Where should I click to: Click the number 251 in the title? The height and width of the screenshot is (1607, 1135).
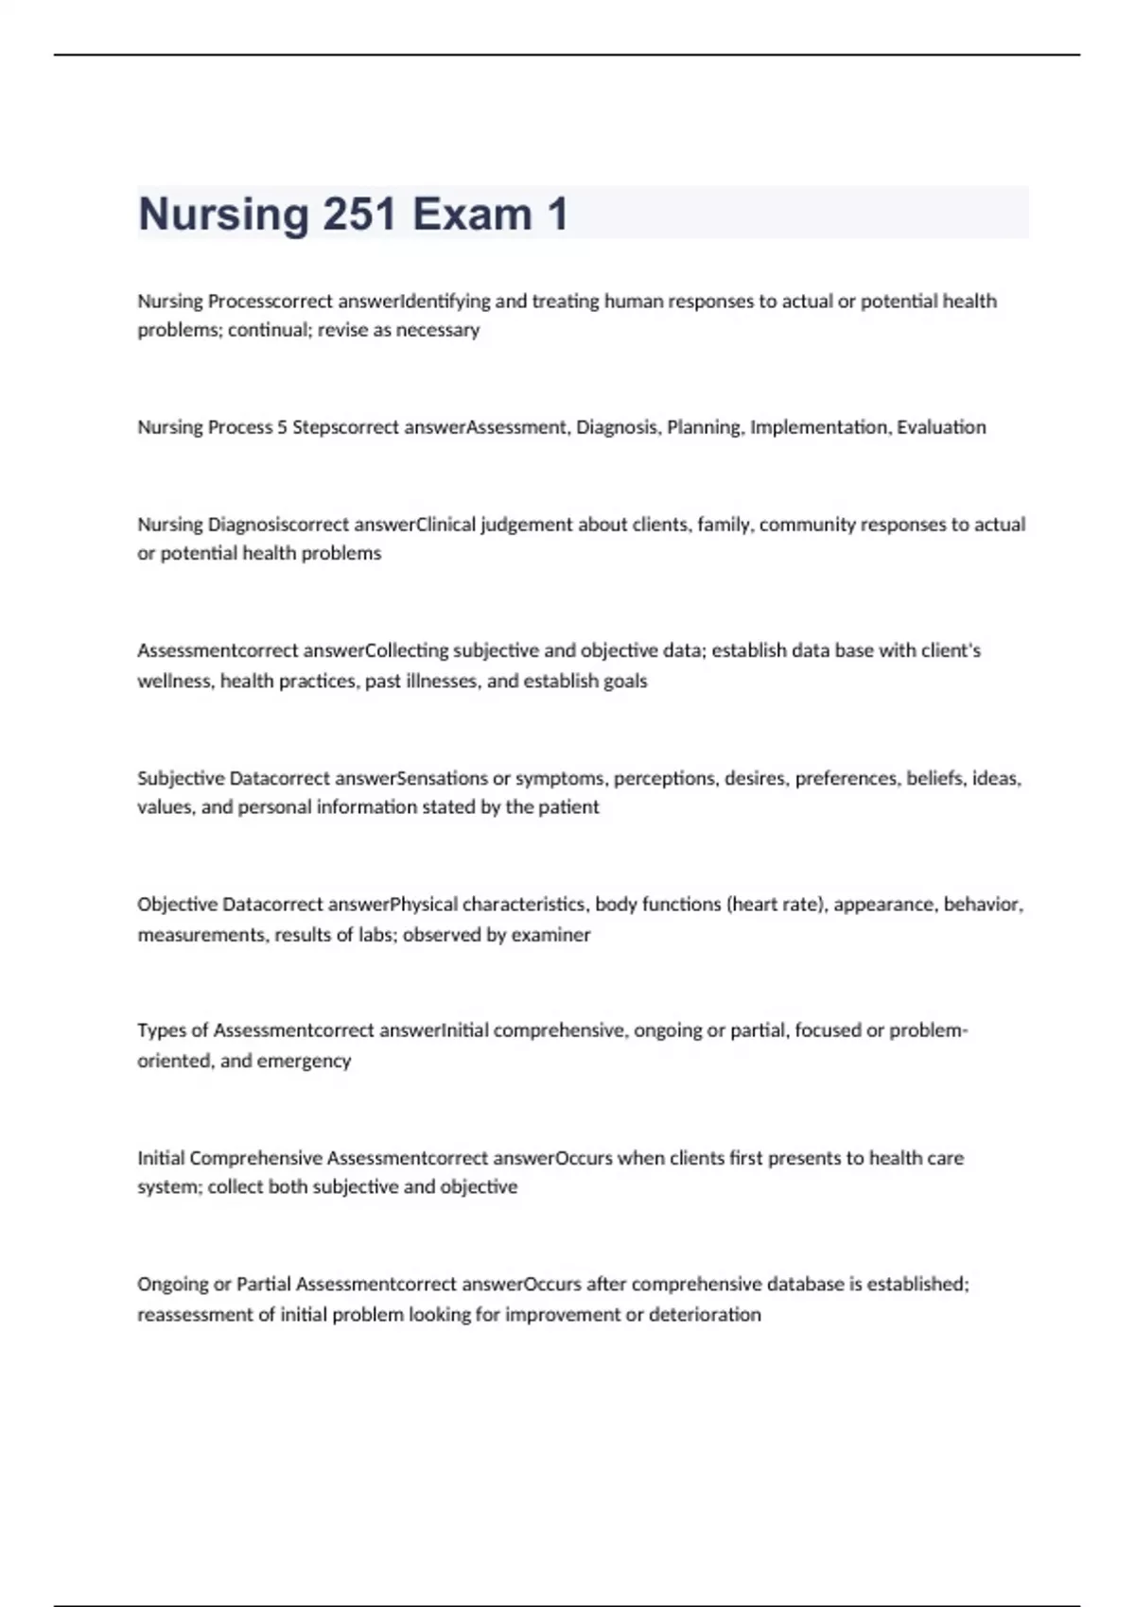click(x=359, y=214)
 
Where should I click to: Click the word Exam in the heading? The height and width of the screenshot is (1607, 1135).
click(x=472, y=214)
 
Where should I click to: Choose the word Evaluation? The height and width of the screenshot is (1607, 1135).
click(x=941, y=427)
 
